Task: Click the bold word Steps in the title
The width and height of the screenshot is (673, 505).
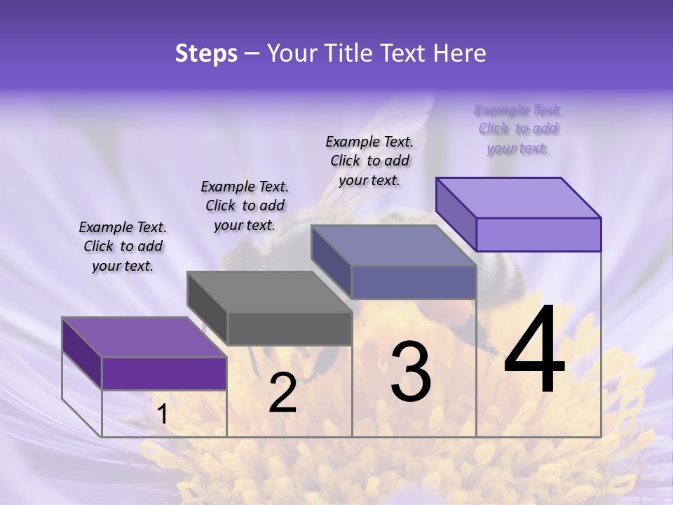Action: click(206, 53)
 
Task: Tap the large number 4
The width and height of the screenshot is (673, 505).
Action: click(535, 350)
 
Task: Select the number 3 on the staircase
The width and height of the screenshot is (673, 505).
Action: click(411, 372)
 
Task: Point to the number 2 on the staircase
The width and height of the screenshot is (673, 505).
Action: click(283, 393)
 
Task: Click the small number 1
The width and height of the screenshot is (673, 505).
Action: click(162, 414)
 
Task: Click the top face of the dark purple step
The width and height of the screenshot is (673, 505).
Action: click(144, 337)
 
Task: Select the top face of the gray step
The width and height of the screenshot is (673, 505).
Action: click(269, 291)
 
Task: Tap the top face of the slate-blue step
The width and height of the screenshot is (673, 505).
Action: click(393, 245)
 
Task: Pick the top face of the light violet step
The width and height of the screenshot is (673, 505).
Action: click(518, 197)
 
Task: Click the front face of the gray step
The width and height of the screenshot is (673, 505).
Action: click(290, 328)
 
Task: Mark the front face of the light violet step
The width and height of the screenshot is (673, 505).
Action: click(538, 234)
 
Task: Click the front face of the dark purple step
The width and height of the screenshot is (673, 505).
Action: click(164, 373)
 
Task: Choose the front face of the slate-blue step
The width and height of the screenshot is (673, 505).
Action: click(414, 282)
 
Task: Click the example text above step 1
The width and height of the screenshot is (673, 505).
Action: click(123, 246)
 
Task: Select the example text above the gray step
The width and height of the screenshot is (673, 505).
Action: click(245, 206)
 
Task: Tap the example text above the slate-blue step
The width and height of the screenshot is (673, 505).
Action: click(369, 161)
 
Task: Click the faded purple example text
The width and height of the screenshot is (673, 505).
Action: click(518, 128)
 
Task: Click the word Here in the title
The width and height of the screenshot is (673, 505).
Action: click(460, 53)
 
